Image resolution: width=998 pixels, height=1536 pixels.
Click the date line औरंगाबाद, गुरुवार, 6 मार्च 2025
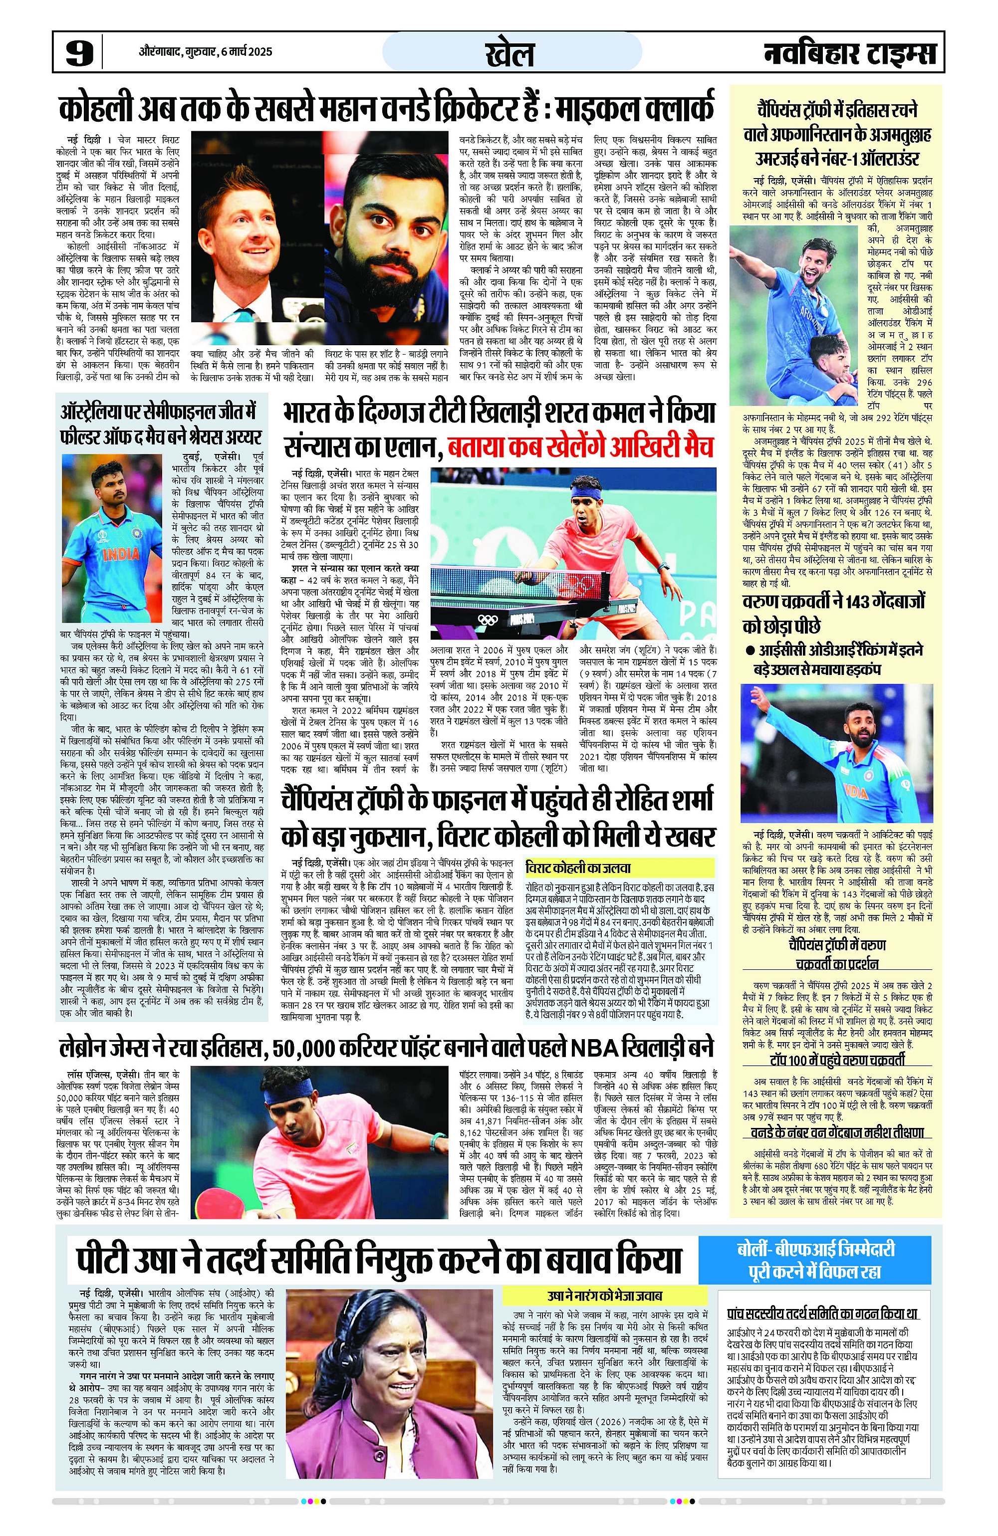205,51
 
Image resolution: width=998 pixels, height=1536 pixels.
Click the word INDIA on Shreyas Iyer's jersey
121,554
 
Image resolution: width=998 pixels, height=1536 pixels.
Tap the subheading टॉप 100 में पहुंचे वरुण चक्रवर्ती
837,1060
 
